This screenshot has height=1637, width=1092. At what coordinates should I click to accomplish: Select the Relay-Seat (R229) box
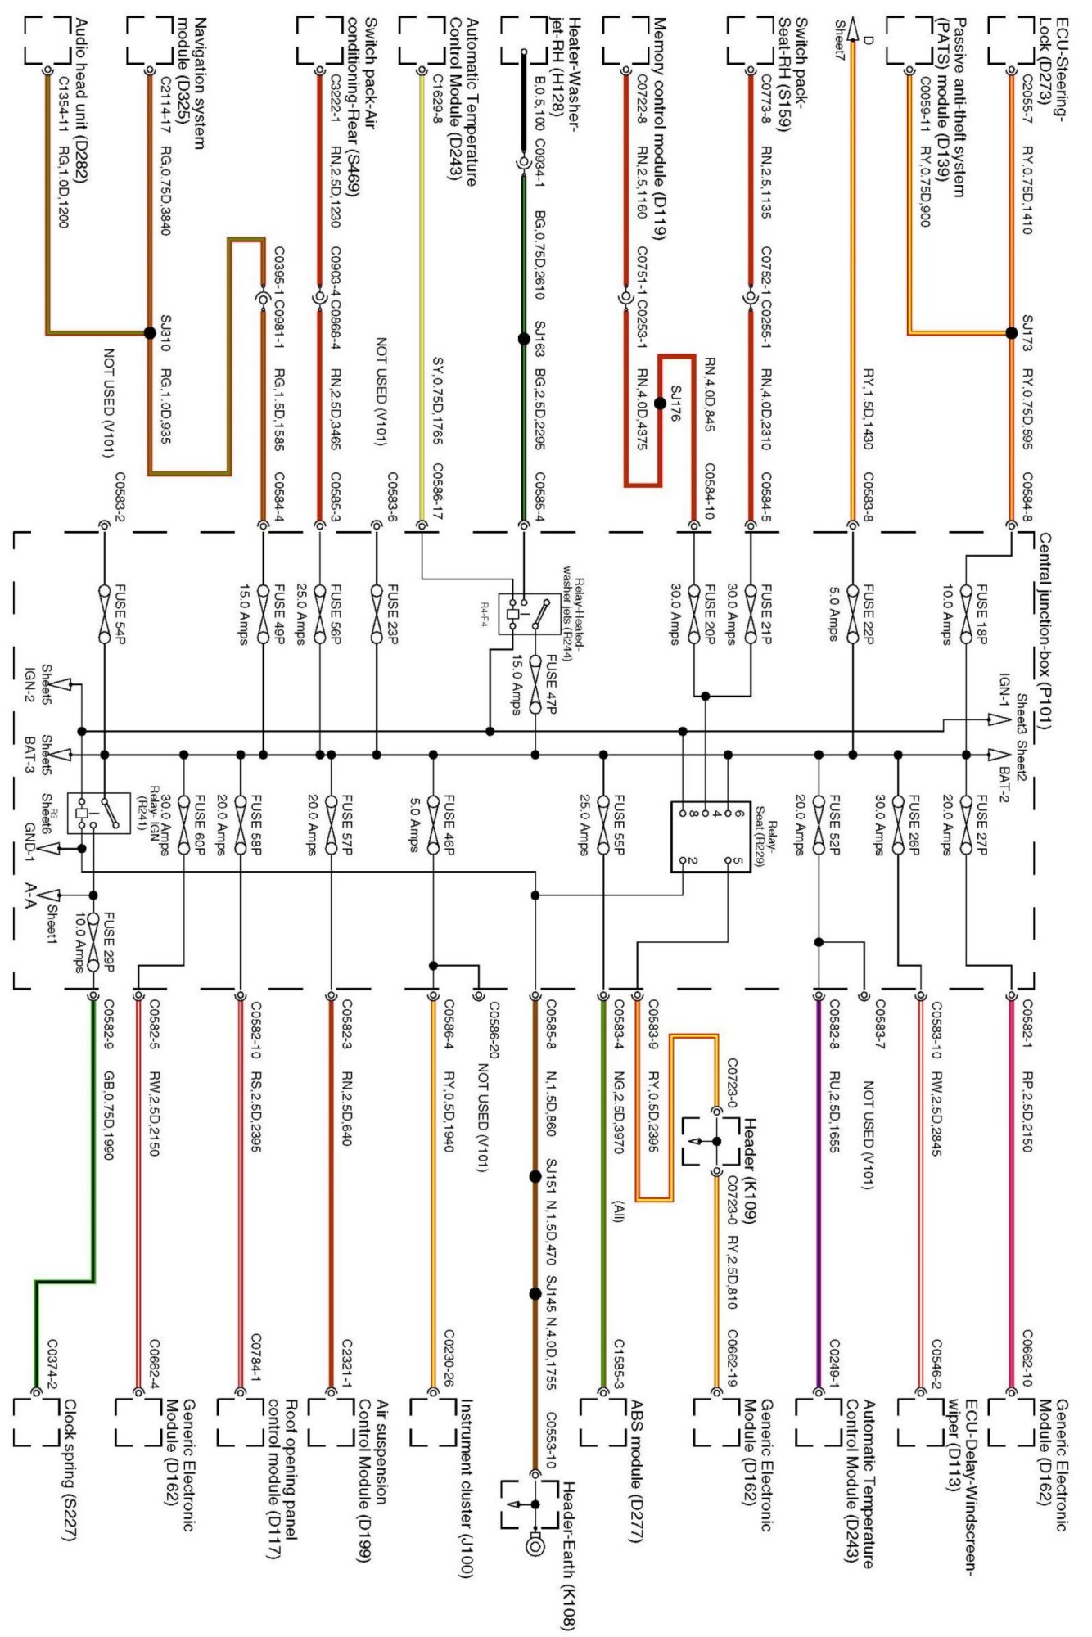pos(711,837)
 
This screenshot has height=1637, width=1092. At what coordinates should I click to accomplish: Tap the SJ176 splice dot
pos(660,403)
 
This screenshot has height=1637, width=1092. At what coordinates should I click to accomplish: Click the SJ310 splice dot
pos(149,332)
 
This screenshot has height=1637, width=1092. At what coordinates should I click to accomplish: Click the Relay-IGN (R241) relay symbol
pos(99,813)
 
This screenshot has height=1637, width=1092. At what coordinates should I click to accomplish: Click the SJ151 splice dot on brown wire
pos(535,1177)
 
